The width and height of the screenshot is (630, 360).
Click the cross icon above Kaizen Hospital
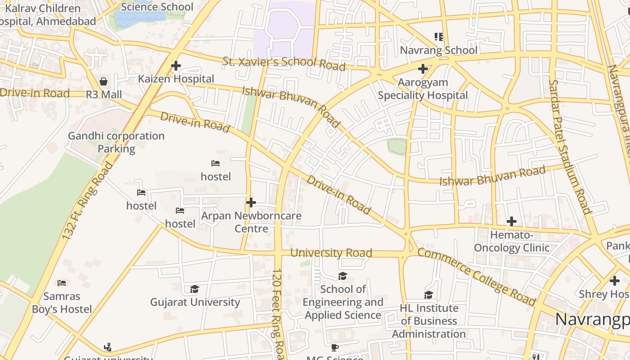[x=175, y=66]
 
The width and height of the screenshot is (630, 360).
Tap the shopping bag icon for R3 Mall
[x=103, y=81]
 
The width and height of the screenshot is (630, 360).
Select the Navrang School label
[x=438, y=50]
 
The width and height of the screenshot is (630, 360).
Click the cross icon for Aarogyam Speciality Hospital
[x=423, y=69]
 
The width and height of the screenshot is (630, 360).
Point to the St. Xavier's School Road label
[x=284, y=63]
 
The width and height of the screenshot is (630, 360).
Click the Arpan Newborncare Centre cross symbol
[x=251, y=202]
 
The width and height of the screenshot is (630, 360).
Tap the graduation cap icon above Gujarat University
[x=194, y=289]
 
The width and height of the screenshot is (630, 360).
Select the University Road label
[x=331, y=253]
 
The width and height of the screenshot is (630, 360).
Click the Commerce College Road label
[x=477, y=276]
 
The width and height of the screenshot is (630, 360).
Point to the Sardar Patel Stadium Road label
[x=569, y=146]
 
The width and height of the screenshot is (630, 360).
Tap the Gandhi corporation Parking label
[x=116, y=142]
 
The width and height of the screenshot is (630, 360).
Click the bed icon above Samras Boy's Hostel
[x=62, y=283]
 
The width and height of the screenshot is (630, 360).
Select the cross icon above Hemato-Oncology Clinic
[x=511, y=221]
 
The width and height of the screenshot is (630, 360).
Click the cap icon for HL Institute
[x=428, y=295]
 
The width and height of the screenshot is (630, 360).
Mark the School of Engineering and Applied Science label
[x=343, y=302]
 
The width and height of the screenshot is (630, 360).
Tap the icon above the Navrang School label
[x=438, y=36]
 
